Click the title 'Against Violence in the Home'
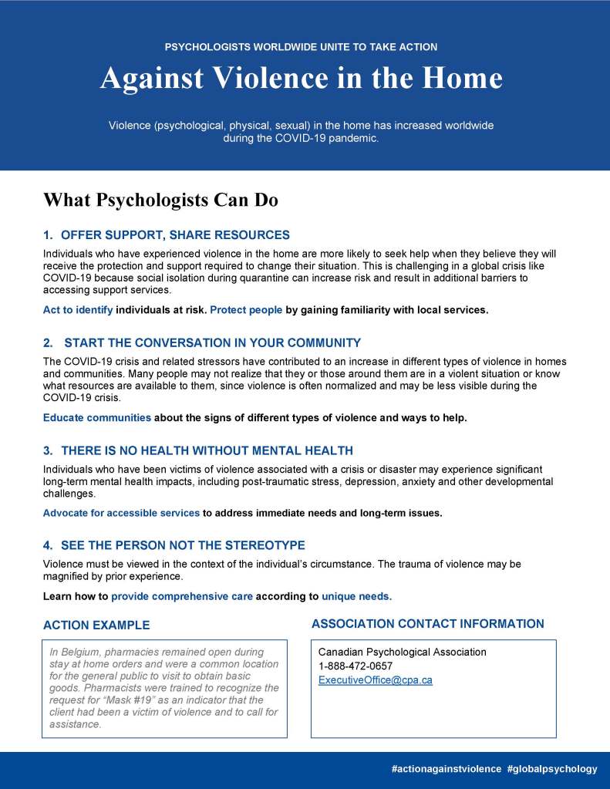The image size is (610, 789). click(x=301, y=78)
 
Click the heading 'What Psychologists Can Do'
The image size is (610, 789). click(x=160, y=200)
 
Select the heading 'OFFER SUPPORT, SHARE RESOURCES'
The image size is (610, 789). click(x=175, y=235)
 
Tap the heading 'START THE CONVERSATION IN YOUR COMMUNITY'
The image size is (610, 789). click(x=212, y=342)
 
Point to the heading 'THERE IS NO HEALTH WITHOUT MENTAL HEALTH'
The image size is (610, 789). click(x=207, y=450)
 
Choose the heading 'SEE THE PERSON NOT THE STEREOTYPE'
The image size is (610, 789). click(x=183, y=545)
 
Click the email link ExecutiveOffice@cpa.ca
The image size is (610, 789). click(x=375, y=680)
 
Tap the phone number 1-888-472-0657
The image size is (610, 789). click(x=355, y=666)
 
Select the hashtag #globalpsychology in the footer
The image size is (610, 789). click(x=552, y=769)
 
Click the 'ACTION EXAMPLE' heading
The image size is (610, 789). click(x=96, y=625)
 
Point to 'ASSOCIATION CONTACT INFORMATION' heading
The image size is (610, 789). click(x=427, y=624)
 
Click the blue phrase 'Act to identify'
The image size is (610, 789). click(x=78, y=310)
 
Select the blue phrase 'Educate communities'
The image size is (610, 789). click(x=97, y=418)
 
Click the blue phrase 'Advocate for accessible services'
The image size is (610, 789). click(x=121, y=513)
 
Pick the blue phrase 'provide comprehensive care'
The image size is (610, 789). click(x=182, y=596)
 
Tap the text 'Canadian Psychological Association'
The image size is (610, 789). click(x=402, y=652)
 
